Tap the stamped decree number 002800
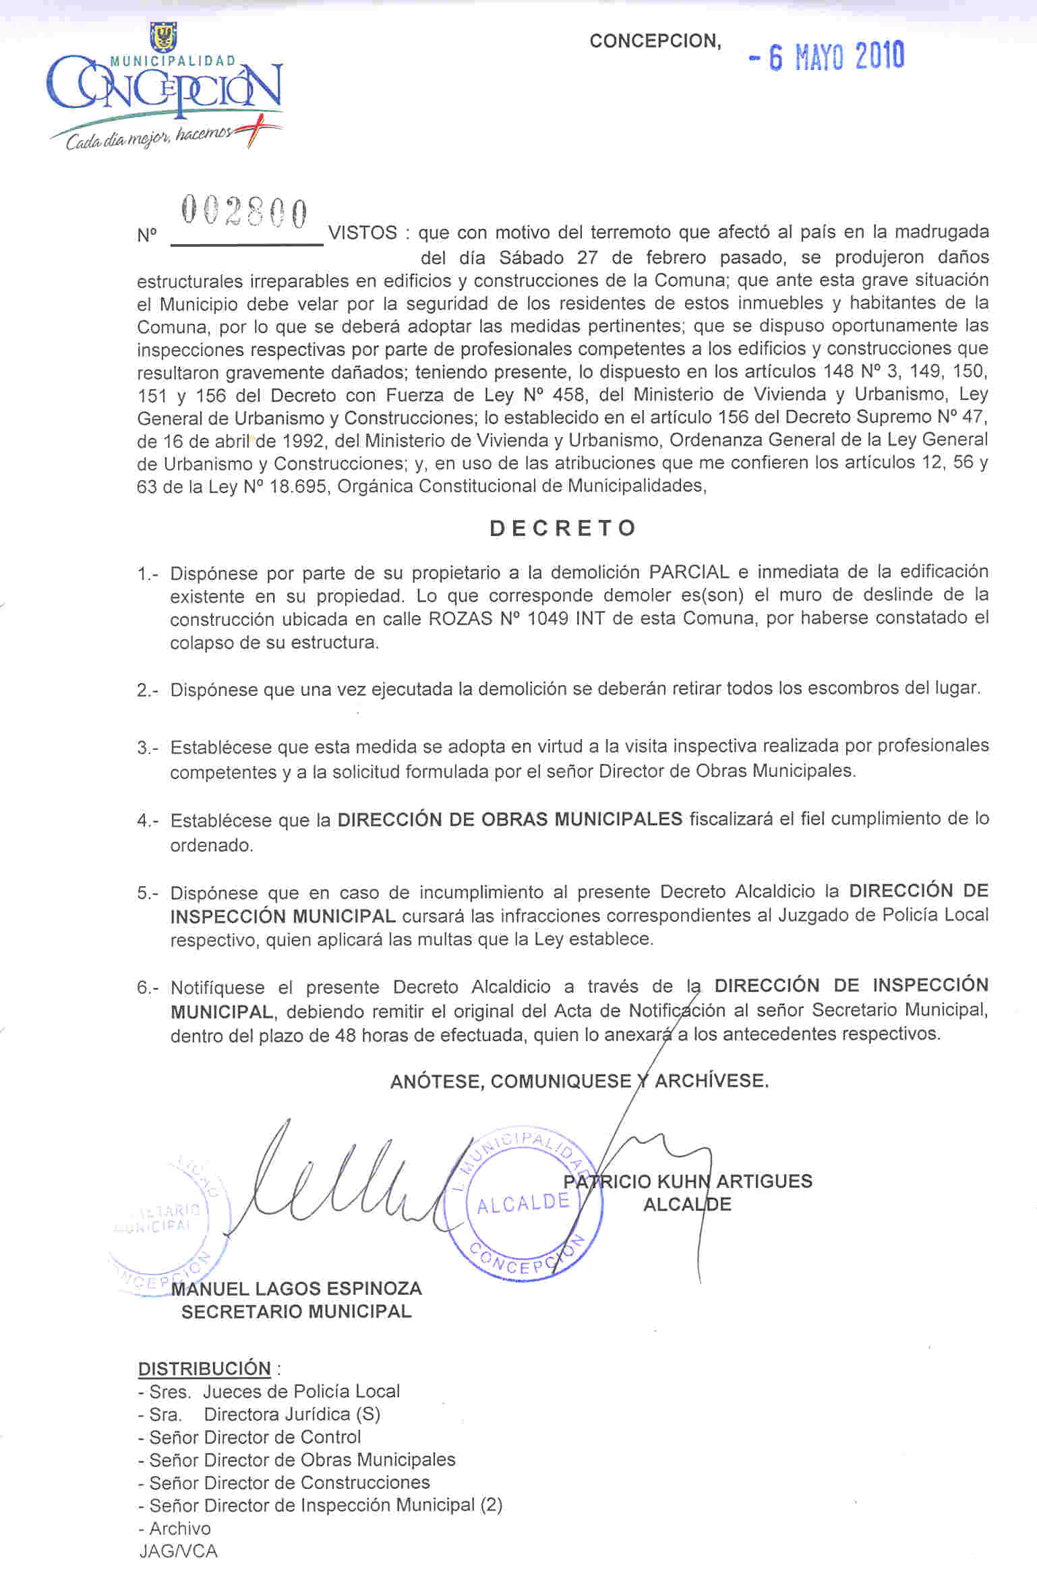[x=244, y=213]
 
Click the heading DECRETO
[x=563, y=528]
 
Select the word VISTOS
[x=362, y=233]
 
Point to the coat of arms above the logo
[x=163, y=36]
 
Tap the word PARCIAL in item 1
[x=688, y=573]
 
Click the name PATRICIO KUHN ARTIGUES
[x=688, y=1181]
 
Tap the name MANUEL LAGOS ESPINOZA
[x=297, y=1289]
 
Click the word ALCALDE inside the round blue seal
[x=523, y=1204]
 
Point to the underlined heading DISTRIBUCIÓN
[x=204, y=1368]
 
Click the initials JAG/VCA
[x=178, y=1551]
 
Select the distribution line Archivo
[x=179, y=1528]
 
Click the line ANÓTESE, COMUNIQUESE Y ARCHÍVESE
[x=579, y=1081]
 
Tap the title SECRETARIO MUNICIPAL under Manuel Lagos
[x=297, y=1312]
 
